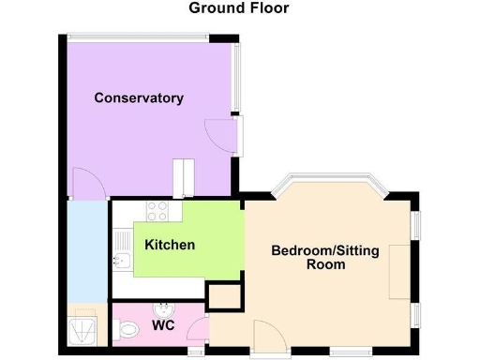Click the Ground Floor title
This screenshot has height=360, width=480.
239,8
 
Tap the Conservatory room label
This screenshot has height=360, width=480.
138,98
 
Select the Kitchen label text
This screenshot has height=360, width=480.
170,245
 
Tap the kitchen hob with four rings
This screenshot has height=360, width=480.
156,211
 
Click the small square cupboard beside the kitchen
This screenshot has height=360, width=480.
223,298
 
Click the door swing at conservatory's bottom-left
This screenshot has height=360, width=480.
85,183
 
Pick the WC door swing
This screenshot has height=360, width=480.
197,329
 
